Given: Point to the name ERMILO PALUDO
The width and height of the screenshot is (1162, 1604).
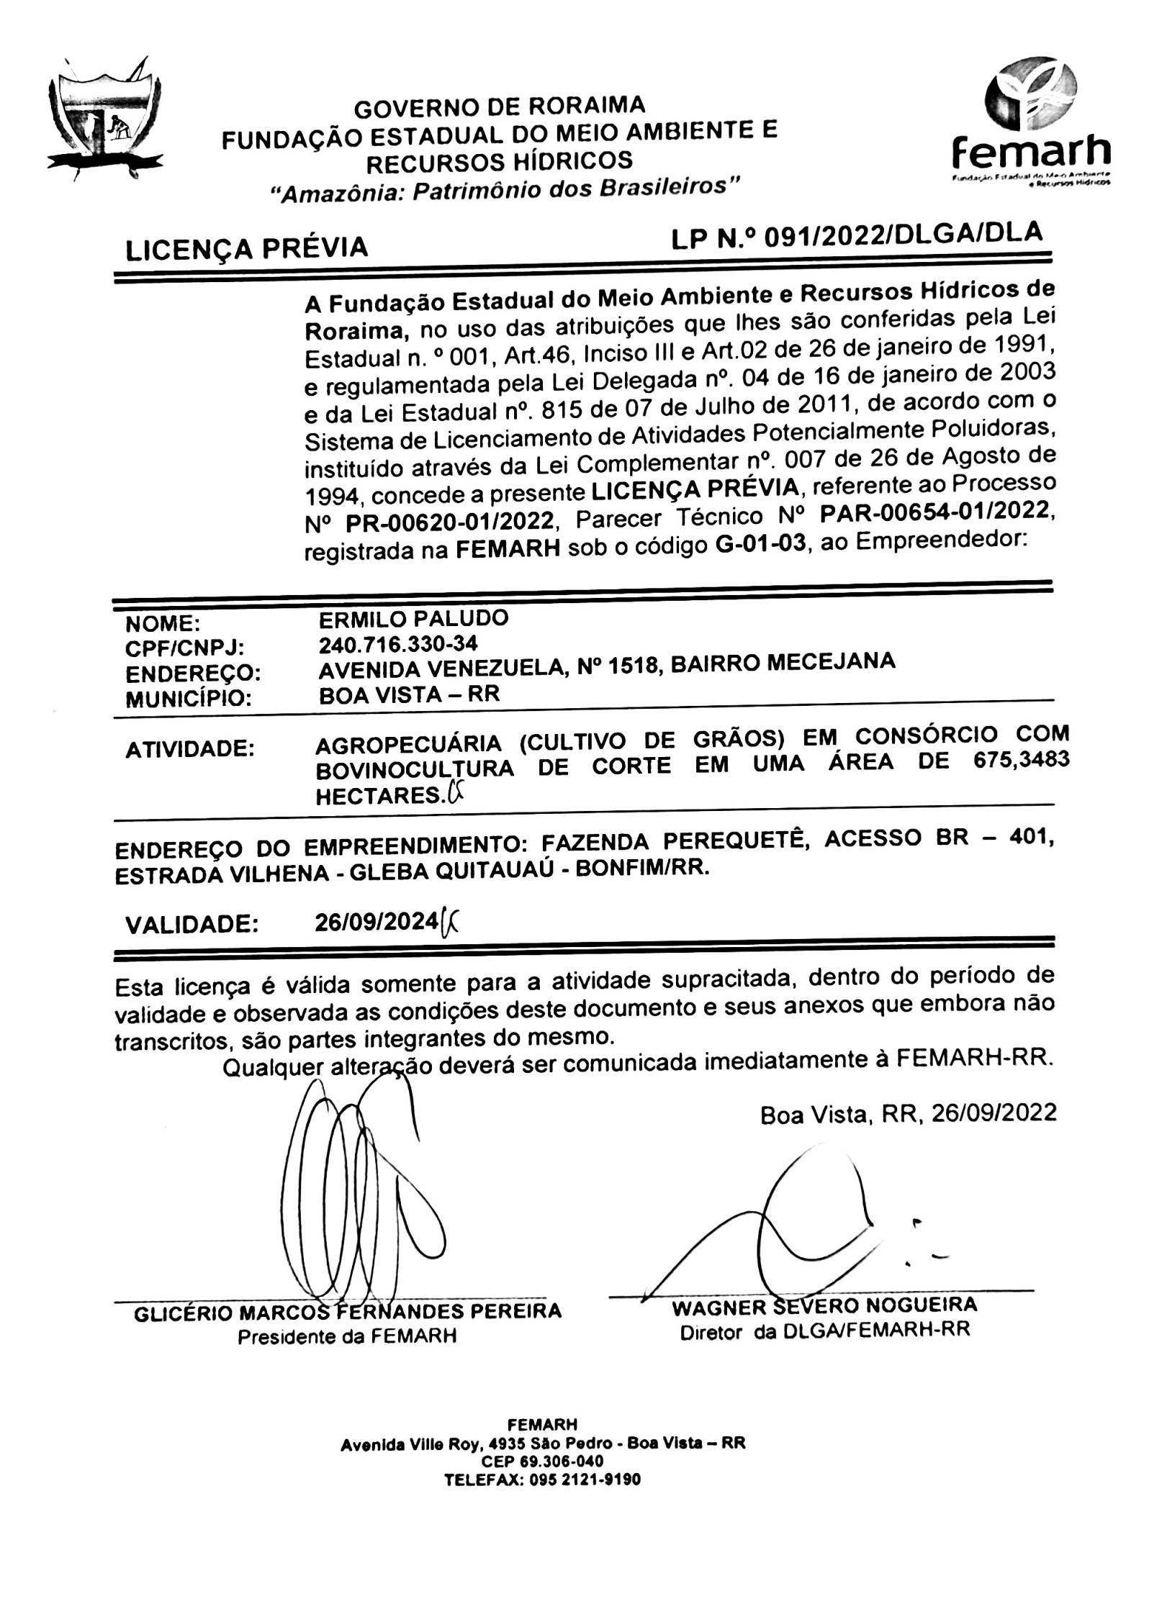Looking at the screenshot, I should pos(413,618).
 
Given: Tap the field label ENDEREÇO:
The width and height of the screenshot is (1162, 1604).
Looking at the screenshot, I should pos(193,674).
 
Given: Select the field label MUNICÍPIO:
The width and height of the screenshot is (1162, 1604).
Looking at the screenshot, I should pos(189,699).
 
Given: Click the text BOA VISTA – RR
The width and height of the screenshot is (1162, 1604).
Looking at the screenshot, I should pos(408,694).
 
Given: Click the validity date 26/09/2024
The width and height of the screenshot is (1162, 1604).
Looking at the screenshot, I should pos(377,922).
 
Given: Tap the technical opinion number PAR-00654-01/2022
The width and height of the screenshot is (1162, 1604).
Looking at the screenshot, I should pos(936,510).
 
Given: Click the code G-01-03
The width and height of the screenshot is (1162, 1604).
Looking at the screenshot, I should pos(761,545).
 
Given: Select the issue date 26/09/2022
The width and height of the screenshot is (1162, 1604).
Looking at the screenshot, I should pos(994,1113).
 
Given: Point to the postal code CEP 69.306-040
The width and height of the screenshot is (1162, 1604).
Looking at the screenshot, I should pos(543,1481).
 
